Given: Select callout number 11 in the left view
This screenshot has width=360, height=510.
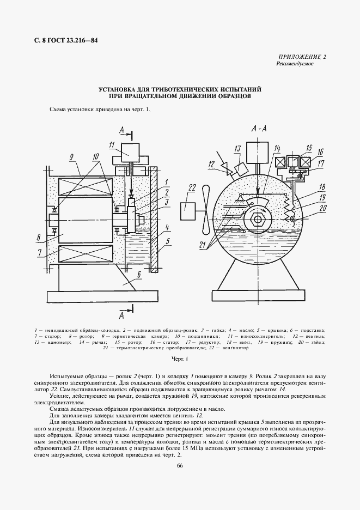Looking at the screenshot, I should [112, 144].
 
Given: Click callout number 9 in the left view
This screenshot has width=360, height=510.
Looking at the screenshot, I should [71, 156].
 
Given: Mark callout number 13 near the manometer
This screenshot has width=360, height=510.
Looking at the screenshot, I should [237, 149].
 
